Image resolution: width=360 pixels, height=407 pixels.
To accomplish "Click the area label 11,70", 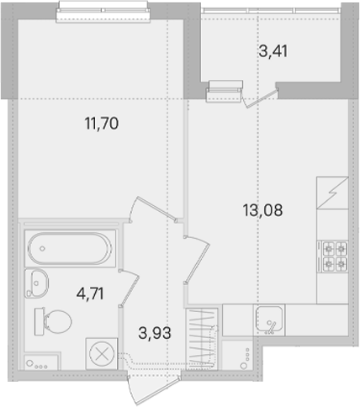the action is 102,124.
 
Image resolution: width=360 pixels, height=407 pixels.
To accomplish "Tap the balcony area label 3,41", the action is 273,51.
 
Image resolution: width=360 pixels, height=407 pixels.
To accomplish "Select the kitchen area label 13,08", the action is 262,210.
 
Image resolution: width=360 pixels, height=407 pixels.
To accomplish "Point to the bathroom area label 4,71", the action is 90,293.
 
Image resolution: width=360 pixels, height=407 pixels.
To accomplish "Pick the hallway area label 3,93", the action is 155,333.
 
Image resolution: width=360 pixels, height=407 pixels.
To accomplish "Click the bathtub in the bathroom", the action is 70,248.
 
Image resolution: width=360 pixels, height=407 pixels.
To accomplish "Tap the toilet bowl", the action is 53,321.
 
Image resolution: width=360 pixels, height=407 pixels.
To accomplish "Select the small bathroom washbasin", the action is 36,283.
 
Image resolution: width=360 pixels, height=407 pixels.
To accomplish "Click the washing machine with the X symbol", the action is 102,353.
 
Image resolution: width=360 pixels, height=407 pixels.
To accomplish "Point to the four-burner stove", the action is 333,256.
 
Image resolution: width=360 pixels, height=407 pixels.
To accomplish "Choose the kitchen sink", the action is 269,320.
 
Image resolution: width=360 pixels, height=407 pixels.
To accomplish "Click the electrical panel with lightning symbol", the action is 332,193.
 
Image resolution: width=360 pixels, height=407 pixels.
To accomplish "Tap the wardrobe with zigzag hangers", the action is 202,339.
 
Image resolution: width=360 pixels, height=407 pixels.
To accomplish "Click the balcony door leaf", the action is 262,98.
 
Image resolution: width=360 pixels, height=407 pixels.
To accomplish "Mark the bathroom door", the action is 130,288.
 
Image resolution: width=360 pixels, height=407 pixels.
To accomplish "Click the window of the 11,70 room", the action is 103,12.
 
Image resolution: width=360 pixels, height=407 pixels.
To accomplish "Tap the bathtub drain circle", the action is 42,248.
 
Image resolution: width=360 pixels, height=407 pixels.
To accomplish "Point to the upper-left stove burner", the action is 328,248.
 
